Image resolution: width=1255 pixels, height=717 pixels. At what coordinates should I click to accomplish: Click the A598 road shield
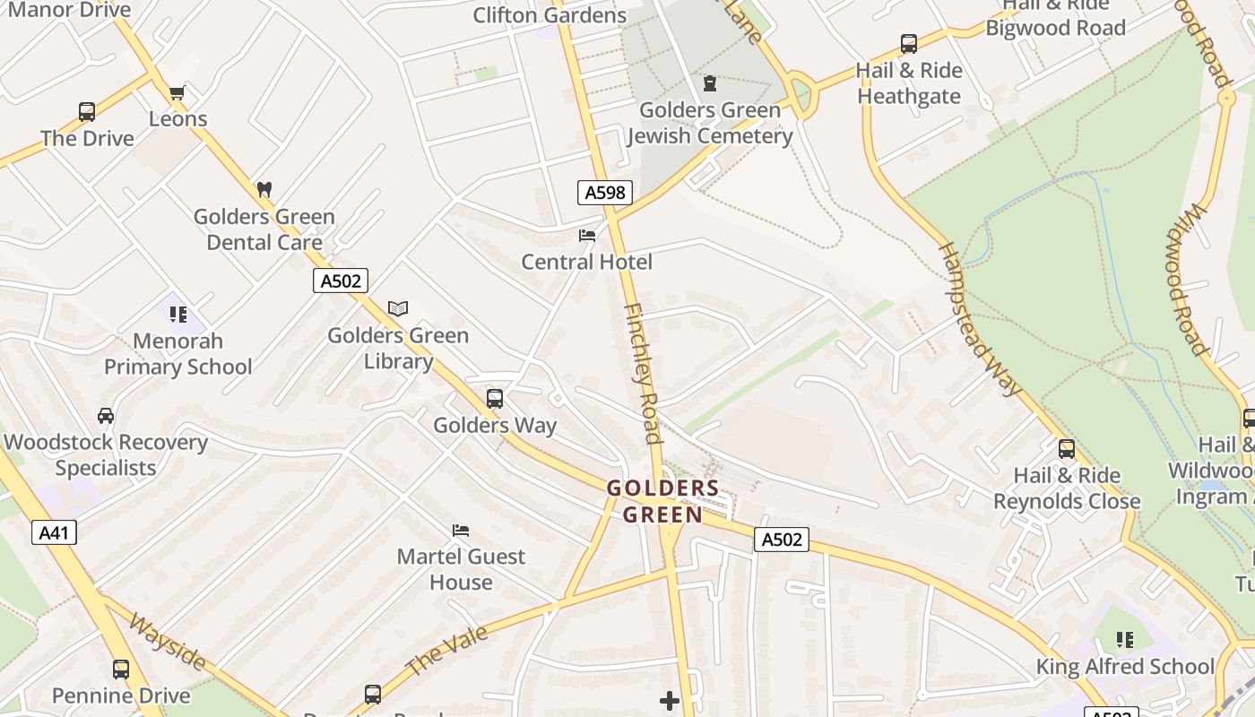click(x=605, y=192)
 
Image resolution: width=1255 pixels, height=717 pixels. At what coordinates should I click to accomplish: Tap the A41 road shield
click(x=55, y=533)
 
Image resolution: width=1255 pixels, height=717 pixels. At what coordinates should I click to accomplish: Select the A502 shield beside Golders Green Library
click(x=342, y=281)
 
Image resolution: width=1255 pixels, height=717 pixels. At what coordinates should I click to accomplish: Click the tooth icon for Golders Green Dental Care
click(x=264, y=189)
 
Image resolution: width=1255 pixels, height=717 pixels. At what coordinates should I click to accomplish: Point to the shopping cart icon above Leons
click(x=177, y=92)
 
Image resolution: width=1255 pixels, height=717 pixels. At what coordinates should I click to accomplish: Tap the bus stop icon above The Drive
click(x=87, y=112)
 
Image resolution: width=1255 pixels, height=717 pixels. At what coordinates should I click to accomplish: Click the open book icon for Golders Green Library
click(x=398, y=308)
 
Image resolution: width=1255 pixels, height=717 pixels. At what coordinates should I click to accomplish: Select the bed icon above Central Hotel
click(x=587, y=236)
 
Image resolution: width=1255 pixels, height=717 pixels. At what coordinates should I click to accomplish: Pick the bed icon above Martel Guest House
click(x=461, y=530)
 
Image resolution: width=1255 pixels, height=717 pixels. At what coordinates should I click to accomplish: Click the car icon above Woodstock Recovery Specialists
click(x=106, y=416)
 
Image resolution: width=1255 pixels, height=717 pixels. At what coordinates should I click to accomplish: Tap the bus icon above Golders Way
click(x=495, y=399)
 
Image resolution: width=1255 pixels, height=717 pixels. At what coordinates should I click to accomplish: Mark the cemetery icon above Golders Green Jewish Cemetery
click(x=710, y=83)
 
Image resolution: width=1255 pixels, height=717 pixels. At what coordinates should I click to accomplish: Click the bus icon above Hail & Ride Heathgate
click(x=909, y=44)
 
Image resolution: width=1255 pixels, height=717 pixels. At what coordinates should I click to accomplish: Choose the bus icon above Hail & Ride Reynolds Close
click(x=1067, y=449)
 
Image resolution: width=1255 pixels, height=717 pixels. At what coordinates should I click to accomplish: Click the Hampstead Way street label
click(x=980, y=319)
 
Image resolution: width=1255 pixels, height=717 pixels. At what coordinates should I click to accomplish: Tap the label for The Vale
click(x=447, y=650)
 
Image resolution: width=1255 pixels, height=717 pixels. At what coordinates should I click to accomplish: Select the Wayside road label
click(x=168, y=641)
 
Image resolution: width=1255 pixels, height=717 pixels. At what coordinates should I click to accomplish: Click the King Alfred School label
click(x=1125, y=667)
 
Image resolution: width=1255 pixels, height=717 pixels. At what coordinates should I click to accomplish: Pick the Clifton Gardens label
click(x=550, y=15)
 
